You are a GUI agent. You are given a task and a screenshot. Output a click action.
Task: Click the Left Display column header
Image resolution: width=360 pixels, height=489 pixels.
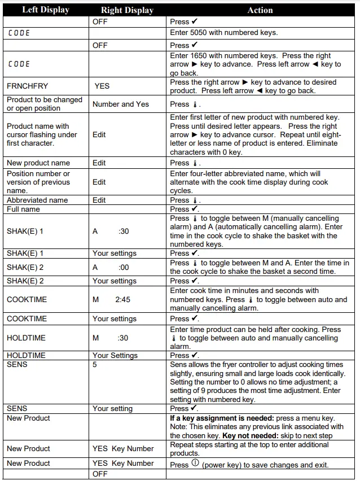tap(45, 10)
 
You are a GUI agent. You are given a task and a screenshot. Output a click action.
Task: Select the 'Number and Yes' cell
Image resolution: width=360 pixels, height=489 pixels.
tap(121, 104)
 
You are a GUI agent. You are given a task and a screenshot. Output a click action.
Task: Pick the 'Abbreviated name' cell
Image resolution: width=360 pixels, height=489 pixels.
tap(37, 200)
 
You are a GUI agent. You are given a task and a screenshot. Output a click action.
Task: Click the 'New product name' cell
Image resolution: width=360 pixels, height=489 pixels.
tap(38, 163)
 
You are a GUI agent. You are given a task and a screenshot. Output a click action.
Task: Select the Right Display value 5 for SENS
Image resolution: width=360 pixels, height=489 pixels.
tap(95, 365)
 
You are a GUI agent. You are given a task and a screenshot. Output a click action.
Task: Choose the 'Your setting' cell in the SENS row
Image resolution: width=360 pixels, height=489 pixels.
tap(113, 408)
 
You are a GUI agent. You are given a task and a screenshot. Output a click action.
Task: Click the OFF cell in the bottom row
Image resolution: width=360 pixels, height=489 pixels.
tap(100, 474)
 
